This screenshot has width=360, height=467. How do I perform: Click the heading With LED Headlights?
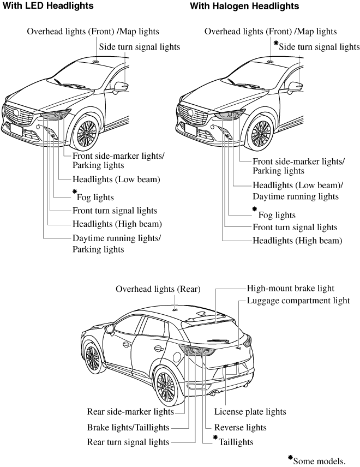point(48,6)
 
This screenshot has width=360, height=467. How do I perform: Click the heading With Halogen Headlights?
point(244,6)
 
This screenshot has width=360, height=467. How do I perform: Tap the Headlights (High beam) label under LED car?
point(117,224)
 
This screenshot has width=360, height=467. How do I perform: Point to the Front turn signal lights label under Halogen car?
point(295,227)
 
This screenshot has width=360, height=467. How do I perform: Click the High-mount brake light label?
point(291,289)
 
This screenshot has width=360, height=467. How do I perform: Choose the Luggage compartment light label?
point(298,301)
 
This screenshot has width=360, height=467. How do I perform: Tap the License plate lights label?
point(250,412)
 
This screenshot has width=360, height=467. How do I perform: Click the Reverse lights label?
point(240,427)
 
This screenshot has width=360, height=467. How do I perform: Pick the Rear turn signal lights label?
point(128,442)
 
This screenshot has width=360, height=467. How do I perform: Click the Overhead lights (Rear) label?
point(158,289)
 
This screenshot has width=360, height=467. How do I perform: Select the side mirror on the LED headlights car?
point(121,86)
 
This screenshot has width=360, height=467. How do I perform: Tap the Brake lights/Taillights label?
point(128,427)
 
